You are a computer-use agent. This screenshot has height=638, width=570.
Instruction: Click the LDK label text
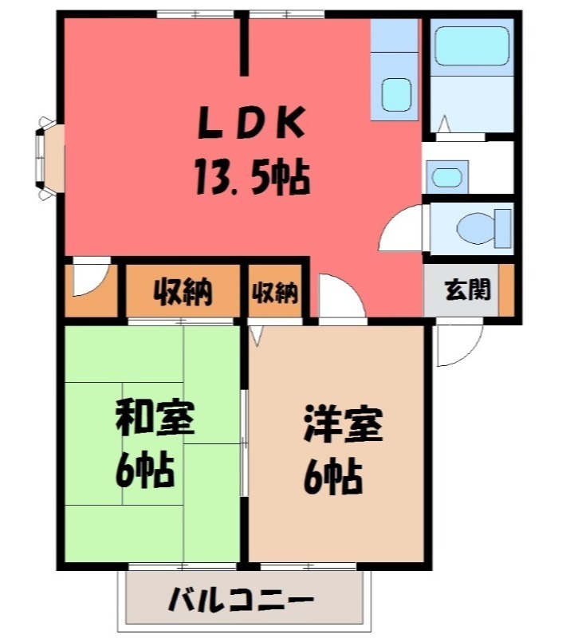point(252,124)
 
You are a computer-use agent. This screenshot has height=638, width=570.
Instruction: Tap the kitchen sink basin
point(395,95)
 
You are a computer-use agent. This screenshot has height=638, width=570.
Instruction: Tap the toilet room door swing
point(402,229)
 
